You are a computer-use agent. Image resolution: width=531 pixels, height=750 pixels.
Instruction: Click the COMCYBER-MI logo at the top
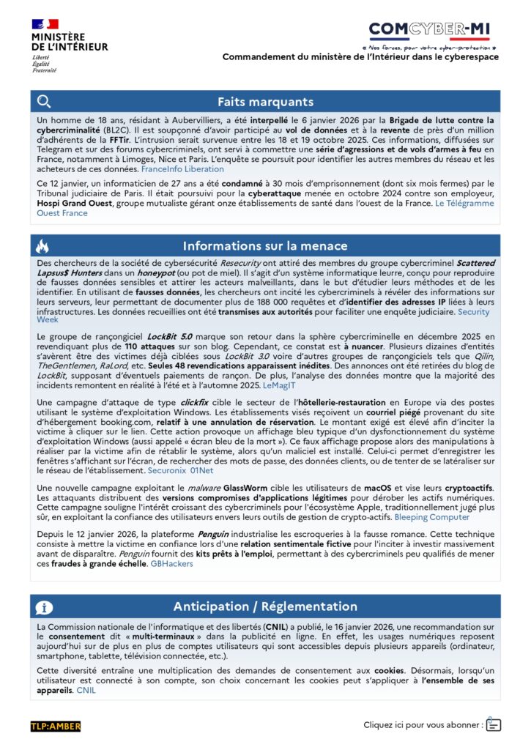pos(429,29)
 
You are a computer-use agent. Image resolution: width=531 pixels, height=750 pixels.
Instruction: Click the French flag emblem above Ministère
pos(45,24)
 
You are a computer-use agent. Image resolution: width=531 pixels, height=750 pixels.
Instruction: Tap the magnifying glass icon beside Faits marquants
pos(44,102)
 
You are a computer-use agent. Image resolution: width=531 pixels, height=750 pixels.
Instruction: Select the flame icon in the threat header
pos(43,246)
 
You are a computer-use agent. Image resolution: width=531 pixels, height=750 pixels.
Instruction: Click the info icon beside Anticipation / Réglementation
pos(44,606)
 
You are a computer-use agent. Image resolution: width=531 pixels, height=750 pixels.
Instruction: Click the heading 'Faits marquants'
pos(265,102)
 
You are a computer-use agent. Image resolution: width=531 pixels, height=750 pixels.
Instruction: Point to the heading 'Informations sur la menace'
pos(265,246)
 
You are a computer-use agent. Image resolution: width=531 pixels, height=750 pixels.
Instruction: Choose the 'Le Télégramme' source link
pos(464,203)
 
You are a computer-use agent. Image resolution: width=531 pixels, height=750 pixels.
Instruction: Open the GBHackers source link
pos(172,563)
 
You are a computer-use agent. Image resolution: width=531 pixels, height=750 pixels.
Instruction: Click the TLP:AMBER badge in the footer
pos(56,726)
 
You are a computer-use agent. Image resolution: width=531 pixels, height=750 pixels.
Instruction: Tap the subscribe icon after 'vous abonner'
pos(493,724)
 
